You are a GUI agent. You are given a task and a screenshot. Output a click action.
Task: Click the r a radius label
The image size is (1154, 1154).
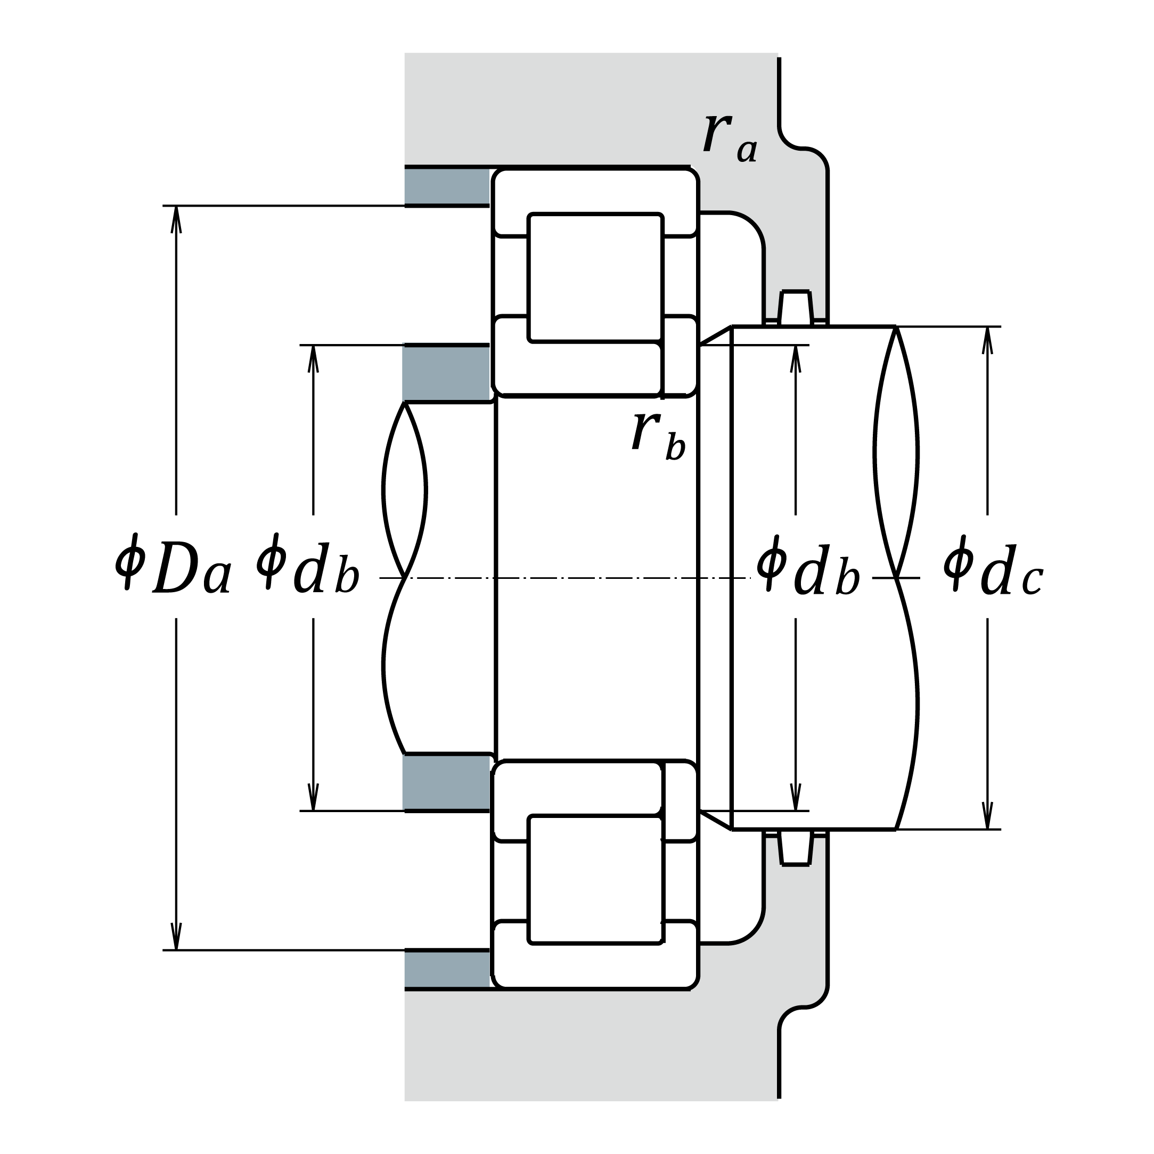[x=730, y=138]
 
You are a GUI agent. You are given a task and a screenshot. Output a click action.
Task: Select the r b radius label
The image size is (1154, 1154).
[x=658, y=436]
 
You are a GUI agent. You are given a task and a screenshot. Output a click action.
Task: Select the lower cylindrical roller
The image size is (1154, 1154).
[x=595, y=879]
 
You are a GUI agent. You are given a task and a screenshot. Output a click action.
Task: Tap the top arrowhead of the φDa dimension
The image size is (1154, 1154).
[x=176, y=219]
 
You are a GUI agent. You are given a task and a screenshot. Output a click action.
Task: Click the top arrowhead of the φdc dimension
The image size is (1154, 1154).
[x=987, y=340]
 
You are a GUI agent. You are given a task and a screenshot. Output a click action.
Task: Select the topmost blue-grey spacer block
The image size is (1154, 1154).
[x=447, y=186]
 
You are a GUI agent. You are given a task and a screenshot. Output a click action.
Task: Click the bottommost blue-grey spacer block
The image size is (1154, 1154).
[x=447, y=969]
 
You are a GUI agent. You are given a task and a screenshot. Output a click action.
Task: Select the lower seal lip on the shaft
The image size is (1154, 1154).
[x=796, y=848]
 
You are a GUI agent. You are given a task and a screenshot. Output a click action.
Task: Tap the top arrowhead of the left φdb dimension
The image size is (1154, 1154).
[x=313, y=359]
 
